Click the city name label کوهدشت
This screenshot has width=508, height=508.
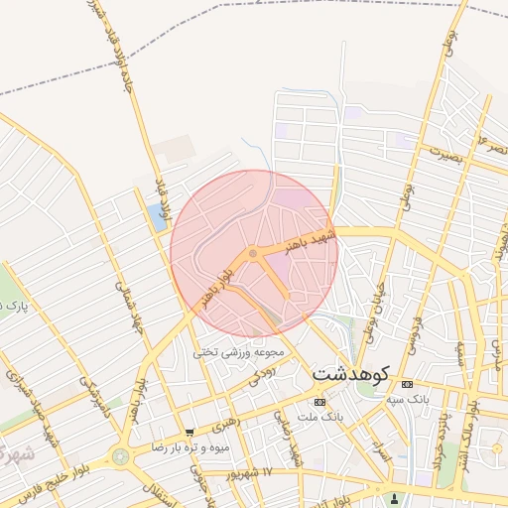click(350, 375)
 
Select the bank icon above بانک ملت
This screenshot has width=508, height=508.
click(318, 402)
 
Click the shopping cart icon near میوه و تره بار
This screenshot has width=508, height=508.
click(189, 433)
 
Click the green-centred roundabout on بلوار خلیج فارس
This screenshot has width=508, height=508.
click(121, 456)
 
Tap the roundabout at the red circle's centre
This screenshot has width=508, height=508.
click(254, 255)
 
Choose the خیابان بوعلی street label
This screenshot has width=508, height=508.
click(369, 308)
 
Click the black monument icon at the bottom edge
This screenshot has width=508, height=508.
click(395, 498)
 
